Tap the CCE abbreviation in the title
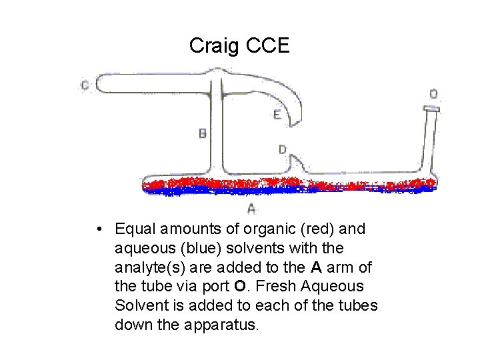(268, 45)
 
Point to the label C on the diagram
(85, 85)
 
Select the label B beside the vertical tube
(203, 133)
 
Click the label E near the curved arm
(277, 115)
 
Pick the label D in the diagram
(283, 150)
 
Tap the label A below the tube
(251, 209)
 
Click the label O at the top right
(433, 94)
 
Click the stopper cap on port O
(431, 107)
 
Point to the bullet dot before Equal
(98, 230)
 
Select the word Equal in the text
(133, 230)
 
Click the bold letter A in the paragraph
(317, 268)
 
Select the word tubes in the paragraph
(359, 306)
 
